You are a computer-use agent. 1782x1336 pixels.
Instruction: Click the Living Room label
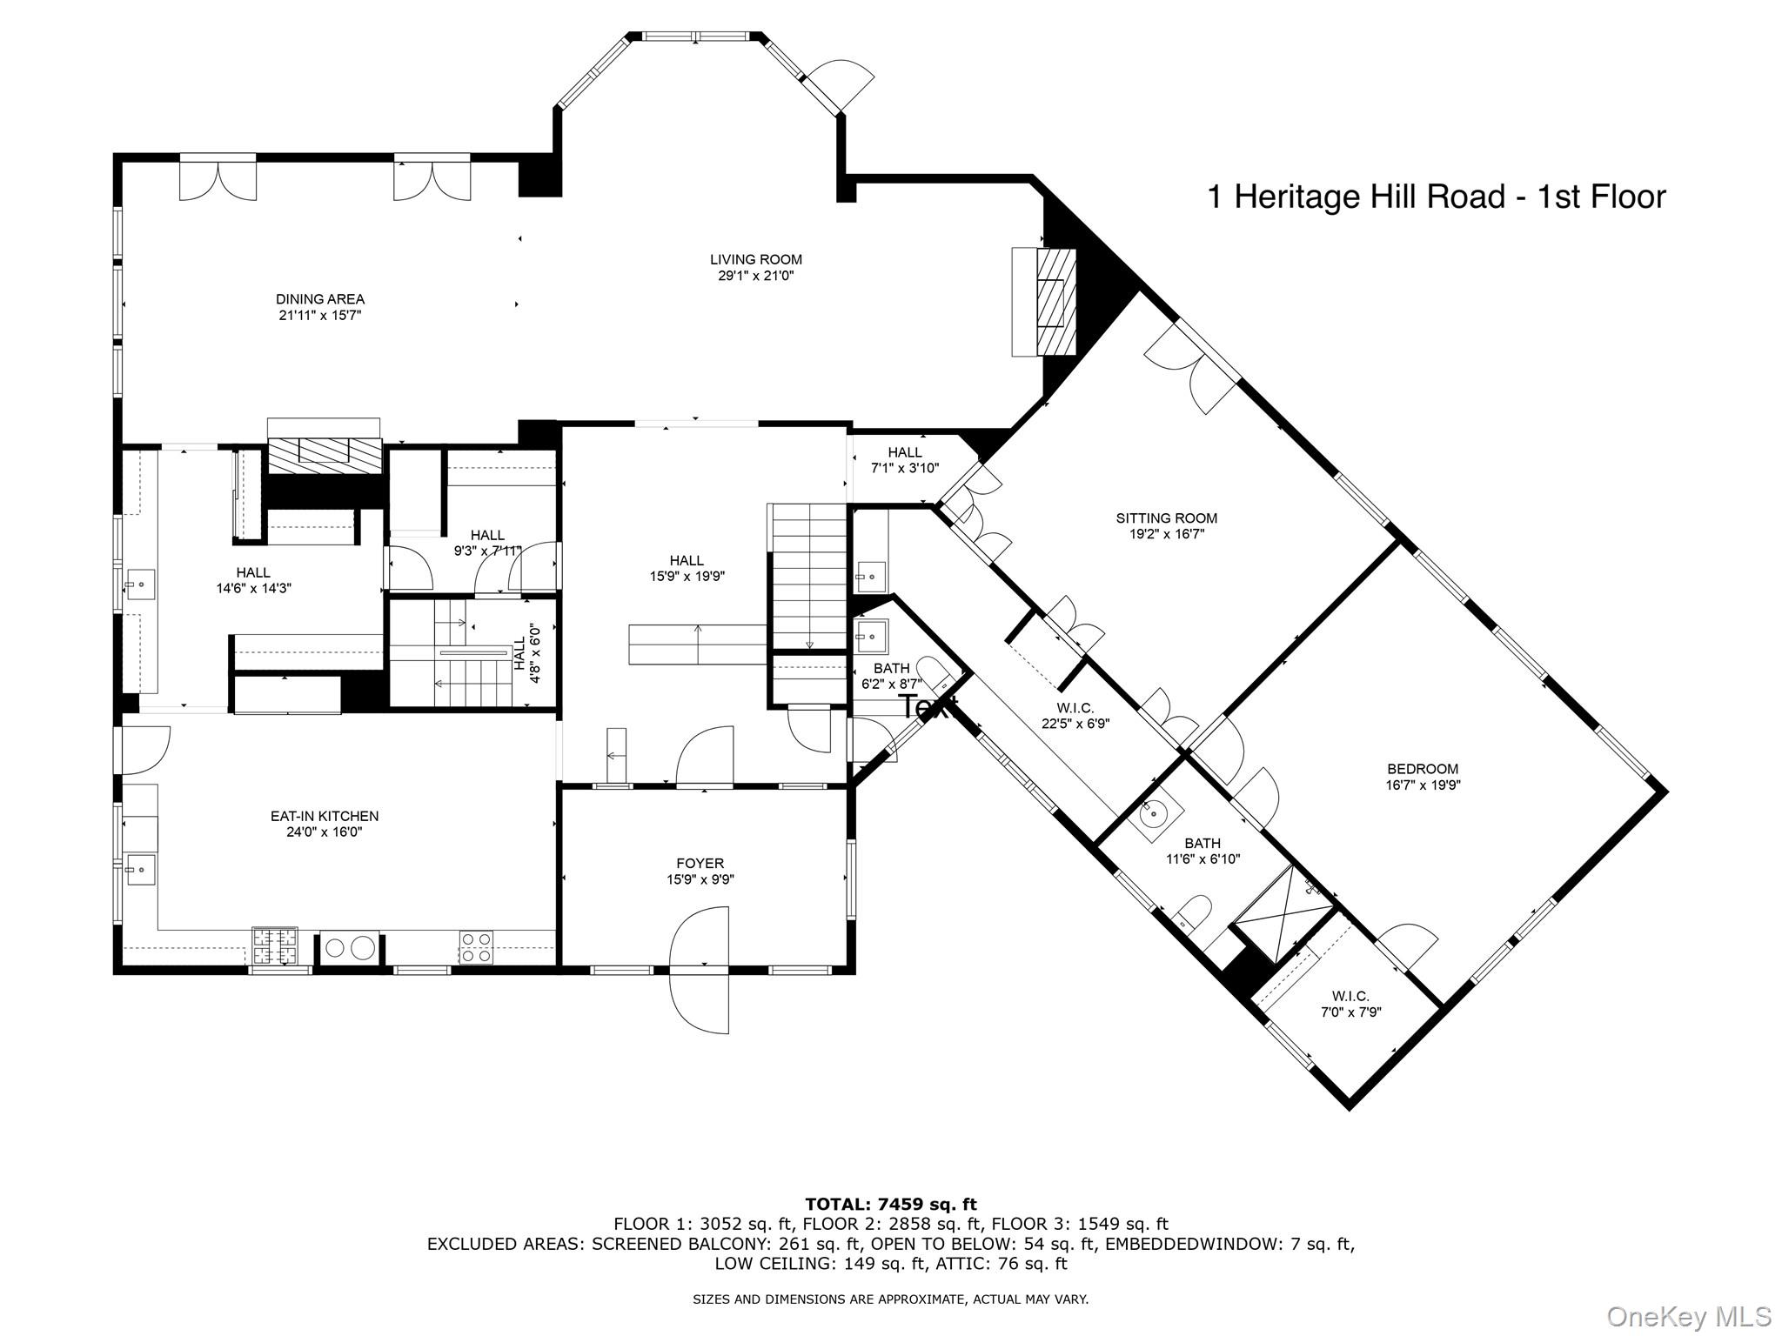[755, 259]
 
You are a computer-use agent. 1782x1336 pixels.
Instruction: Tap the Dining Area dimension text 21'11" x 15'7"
[319, 316]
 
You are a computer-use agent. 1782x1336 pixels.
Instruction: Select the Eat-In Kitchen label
[324, 816]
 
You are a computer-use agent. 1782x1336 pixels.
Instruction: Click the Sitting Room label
[1166, 518]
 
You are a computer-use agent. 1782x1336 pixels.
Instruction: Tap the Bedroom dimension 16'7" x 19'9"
[1422, 785]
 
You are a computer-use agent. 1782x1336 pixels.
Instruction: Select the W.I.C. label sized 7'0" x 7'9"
[1350, 996]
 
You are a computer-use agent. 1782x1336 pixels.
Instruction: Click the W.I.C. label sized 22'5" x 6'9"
[1075, 708]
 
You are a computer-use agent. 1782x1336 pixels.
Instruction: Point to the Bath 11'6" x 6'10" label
[1202, 843]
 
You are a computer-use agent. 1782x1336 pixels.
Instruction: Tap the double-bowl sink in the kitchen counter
[350, 947]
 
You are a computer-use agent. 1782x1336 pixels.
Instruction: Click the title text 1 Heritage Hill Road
[1436, 197]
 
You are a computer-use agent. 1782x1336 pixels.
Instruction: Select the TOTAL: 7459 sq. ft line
[890, 1205]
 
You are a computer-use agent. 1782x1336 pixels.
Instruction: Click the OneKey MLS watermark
[1688, 1316]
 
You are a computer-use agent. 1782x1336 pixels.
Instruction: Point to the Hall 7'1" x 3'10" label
[904, 452]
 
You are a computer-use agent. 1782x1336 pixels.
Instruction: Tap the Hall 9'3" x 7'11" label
[486, 535]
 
